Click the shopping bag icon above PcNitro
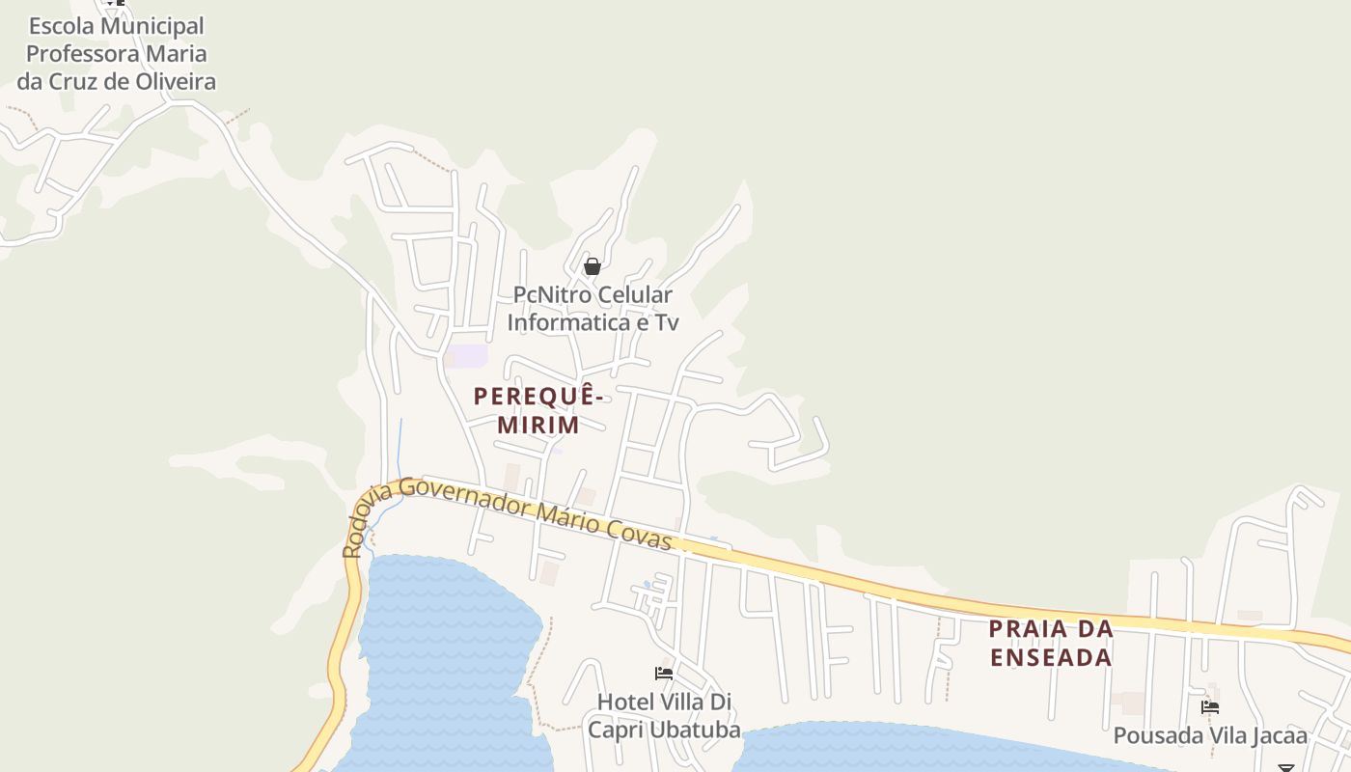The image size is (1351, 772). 593,266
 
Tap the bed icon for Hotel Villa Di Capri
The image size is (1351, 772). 664,673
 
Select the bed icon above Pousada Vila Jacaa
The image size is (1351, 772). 1210,707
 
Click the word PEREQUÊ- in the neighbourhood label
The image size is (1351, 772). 538,396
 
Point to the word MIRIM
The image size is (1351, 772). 538,424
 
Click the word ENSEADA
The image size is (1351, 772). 1050,658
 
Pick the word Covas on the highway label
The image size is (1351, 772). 639,534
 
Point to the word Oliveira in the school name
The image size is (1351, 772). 174,81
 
